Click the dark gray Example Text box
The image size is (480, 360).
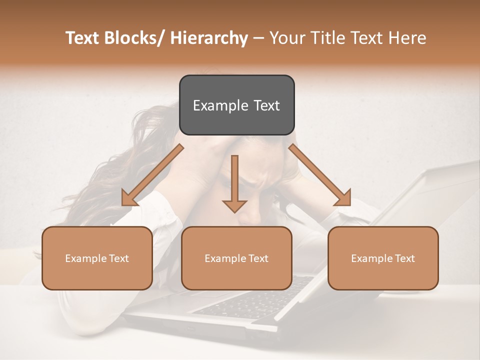[236, 105]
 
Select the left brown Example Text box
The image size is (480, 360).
[97, 258]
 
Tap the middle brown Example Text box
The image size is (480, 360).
[236, 258]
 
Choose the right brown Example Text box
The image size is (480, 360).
[383, 258]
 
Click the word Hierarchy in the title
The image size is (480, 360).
[209, 38]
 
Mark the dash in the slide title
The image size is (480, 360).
[258, 38]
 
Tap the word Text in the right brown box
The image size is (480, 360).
[404, 258]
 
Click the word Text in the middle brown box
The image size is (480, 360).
[257, 258]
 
